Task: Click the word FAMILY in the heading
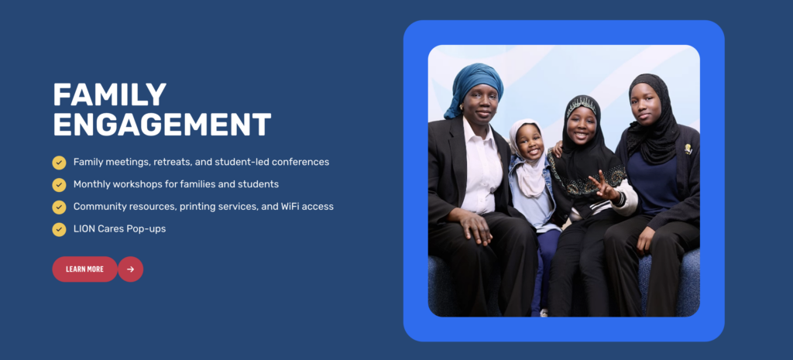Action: pos(110,94)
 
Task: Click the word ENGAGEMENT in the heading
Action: pos(162,125)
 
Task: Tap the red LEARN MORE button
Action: pos(85,269)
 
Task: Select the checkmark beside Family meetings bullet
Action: pos(59,163)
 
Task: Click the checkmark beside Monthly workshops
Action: pos(59,185)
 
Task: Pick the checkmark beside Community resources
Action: pos(59,207)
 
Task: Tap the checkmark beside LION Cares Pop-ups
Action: pos(59,230)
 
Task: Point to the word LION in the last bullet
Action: pos(84,228)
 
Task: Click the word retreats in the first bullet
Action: pos(175,163)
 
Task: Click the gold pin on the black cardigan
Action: pos(688,149)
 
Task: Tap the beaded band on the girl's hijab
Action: pos(582,105)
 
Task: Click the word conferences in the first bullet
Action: pos(298,162)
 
